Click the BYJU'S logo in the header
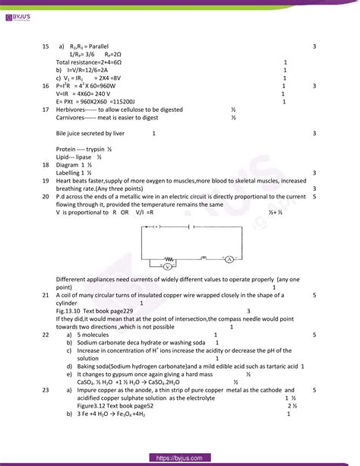20,12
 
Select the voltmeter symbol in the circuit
168,267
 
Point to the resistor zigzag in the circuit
169,258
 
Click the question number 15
46,46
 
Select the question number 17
46,109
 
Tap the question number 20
46,196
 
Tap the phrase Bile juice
73,133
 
